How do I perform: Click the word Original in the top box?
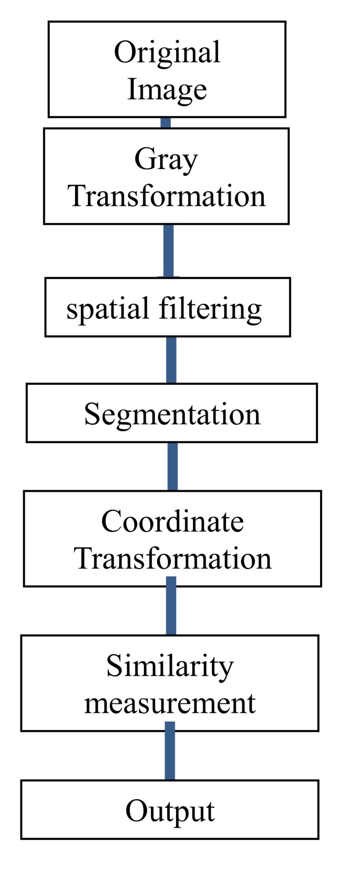point(167,53)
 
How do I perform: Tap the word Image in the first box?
point(167,89)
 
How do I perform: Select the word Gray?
point(166,159)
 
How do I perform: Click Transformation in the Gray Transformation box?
point(167,196)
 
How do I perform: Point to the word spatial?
point(108,309)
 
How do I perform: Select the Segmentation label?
point(172,414)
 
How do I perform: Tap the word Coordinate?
point(172,521)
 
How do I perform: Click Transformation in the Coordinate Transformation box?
point(172,558)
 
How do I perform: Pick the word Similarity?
point(170,666)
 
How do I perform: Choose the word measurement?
point(170,703)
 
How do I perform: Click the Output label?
point(170,811)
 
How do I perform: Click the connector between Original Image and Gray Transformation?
point(166,123)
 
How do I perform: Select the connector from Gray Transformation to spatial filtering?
point(168,251)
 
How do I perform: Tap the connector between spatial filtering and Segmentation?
point(171,360)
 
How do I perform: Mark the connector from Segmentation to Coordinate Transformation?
point(172,467)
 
